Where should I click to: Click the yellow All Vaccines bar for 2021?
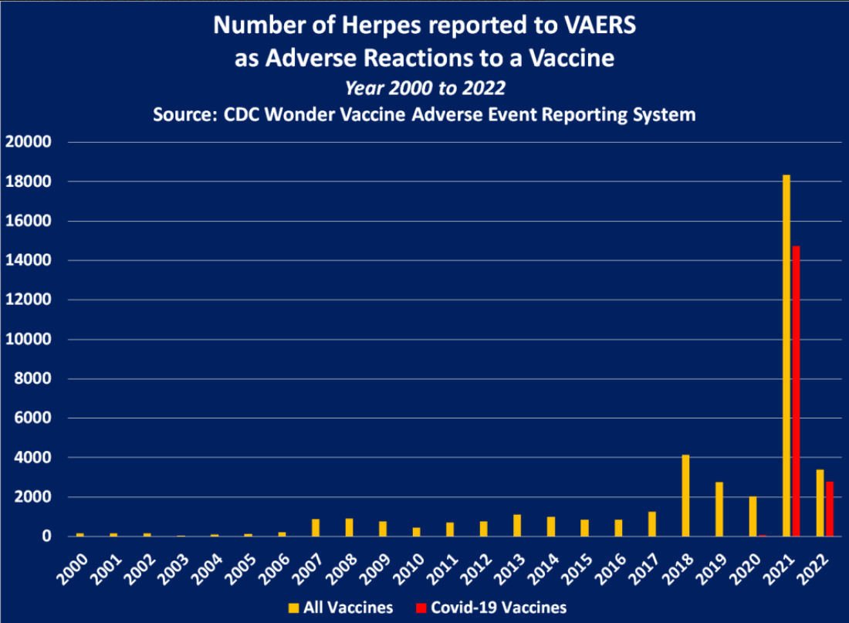click(786, 355)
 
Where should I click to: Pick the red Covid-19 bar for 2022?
click(830, 509)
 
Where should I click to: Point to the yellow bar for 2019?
click(719, 509)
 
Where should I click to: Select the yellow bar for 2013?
click(517, 525)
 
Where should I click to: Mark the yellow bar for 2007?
click(316, 527)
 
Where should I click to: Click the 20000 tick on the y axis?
click(28, 142)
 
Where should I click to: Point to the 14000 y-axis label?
click(28, 260)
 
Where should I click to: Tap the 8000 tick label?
click(32, 378)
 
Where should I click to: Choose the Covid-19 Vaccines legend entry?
click(492, 607)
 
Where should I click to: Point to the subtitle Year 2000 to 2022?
click(424, 87)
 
